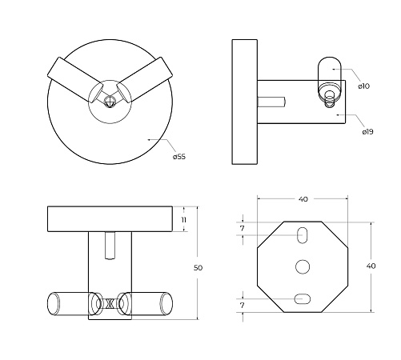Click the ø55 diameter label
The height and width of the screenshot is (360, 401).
(179, 157)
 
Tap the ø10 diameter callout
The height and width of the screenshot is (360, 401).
(364, 86)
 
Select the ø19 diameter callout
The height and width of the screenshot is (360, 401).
(367, 132)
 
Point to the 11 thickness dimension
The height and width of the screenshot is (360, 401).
(183, 220)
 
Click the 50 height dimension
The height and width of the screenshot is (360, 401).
(198, 267)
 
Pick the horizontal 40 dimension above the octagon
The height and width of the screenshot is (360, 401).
(303, 199)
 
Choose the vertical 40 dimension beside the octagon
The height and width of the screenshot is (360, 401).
(371, 266)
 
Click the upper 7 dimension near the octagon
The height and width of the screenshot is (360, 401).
(242, 229)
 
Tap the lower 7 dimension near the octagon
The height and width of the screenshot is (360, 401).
(242, 306)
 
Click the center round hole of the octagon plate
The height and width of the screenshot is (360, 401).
(303, 266)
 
